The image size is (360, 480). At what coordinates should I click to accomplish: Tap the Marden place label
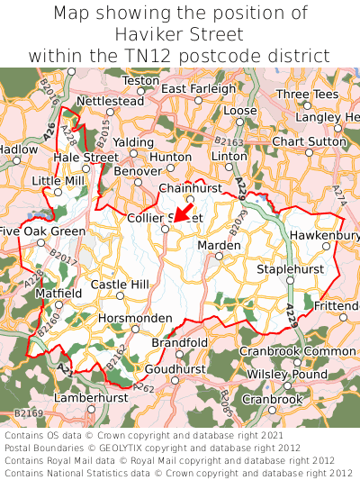pyautogui.click(x=219, y=244)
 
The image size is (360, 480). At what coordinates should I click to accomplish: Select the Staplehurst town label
pyautogui.click(x=288, y=268)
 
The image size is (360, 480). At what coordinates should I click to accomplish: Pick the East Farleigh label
pyautogui.click(x=199, y=88)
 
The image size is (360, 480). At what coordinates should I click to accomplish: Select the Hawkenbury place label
pyautogui.click(x=324, y=235)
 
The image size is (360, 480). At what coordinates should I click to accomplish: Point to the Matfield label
pyautogui.click(x=58, y=294)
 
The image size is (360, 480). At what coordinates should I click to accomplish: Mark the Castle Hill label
pyautogui.click(x=120, y=285)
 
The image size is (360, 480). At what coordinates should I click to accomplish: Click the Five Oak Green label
pyautogui.click(x=42, y=231)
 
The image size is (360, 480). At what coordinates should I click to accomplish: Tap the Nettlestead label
pyautogui.click(x=111, y=101)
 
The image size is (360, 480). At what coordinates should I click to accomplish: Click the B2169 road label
pyautogui.click(x=29, y=413)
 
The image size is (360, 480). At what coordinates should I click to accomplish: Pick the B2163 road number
pyautogui.click(x=229, y=142)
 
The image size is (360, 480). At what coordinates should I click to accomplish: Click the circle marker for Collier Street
pyautogui.click(x=165, y=229)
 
